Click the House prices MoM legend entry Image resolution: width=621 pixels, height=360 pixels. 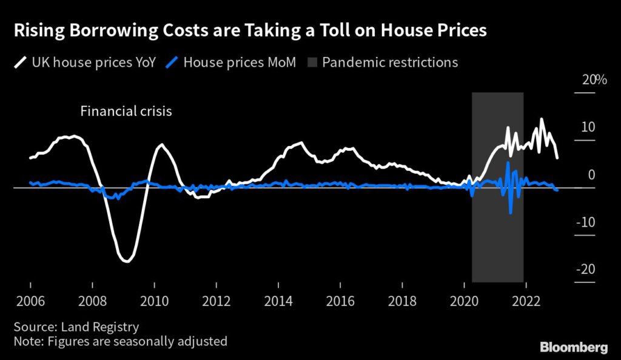point(232,62)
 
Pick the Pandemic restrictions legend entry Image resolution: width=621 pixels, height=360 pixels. point(383,62)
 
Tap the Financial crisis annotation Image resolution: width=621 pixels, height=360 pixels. point(126,112)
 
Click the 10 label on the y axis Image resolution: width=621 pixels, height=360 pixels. point(587,127)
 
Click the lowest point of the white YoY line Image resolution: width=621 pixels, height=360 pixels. point(126,261)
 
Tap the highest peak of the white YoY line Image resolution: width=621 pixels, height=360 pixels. point(541,119)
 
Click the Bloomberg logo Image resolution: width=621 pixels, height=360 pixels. point(574,347)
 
